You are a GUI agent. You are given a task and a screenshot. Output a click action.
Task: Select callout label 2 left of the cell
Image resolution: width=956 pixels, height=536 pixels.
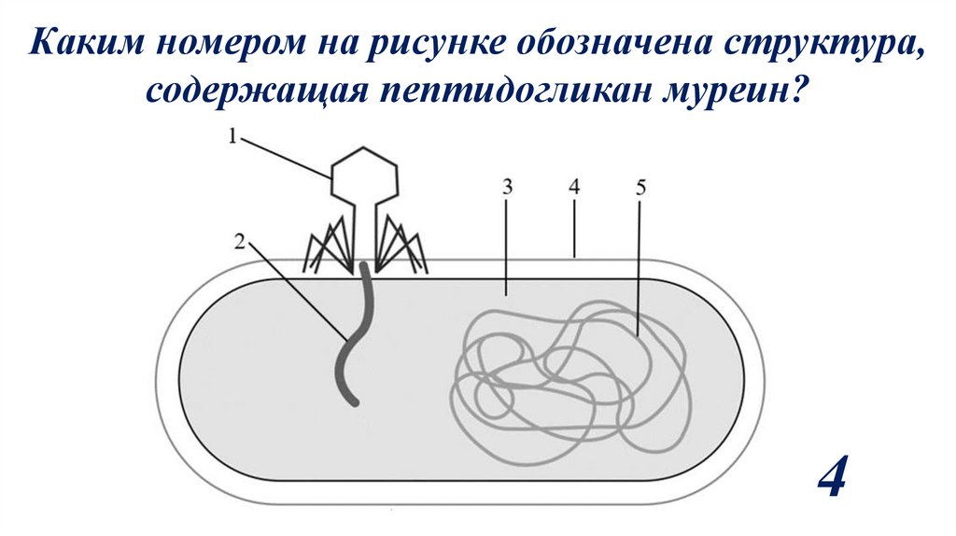pos(239,242)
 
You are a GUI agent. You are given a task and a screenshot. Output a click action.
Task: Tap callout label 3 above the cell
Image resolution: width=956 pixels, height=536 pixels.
pos(507,185)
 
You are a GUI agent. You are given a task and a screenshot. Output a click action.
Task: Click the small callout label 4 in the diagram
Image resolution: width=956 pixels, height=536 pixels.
pos(574,186)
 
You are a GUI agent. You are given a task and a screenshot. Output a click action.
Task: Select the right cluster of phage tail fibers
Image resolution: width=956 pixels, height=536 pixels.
pos(401,247)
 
